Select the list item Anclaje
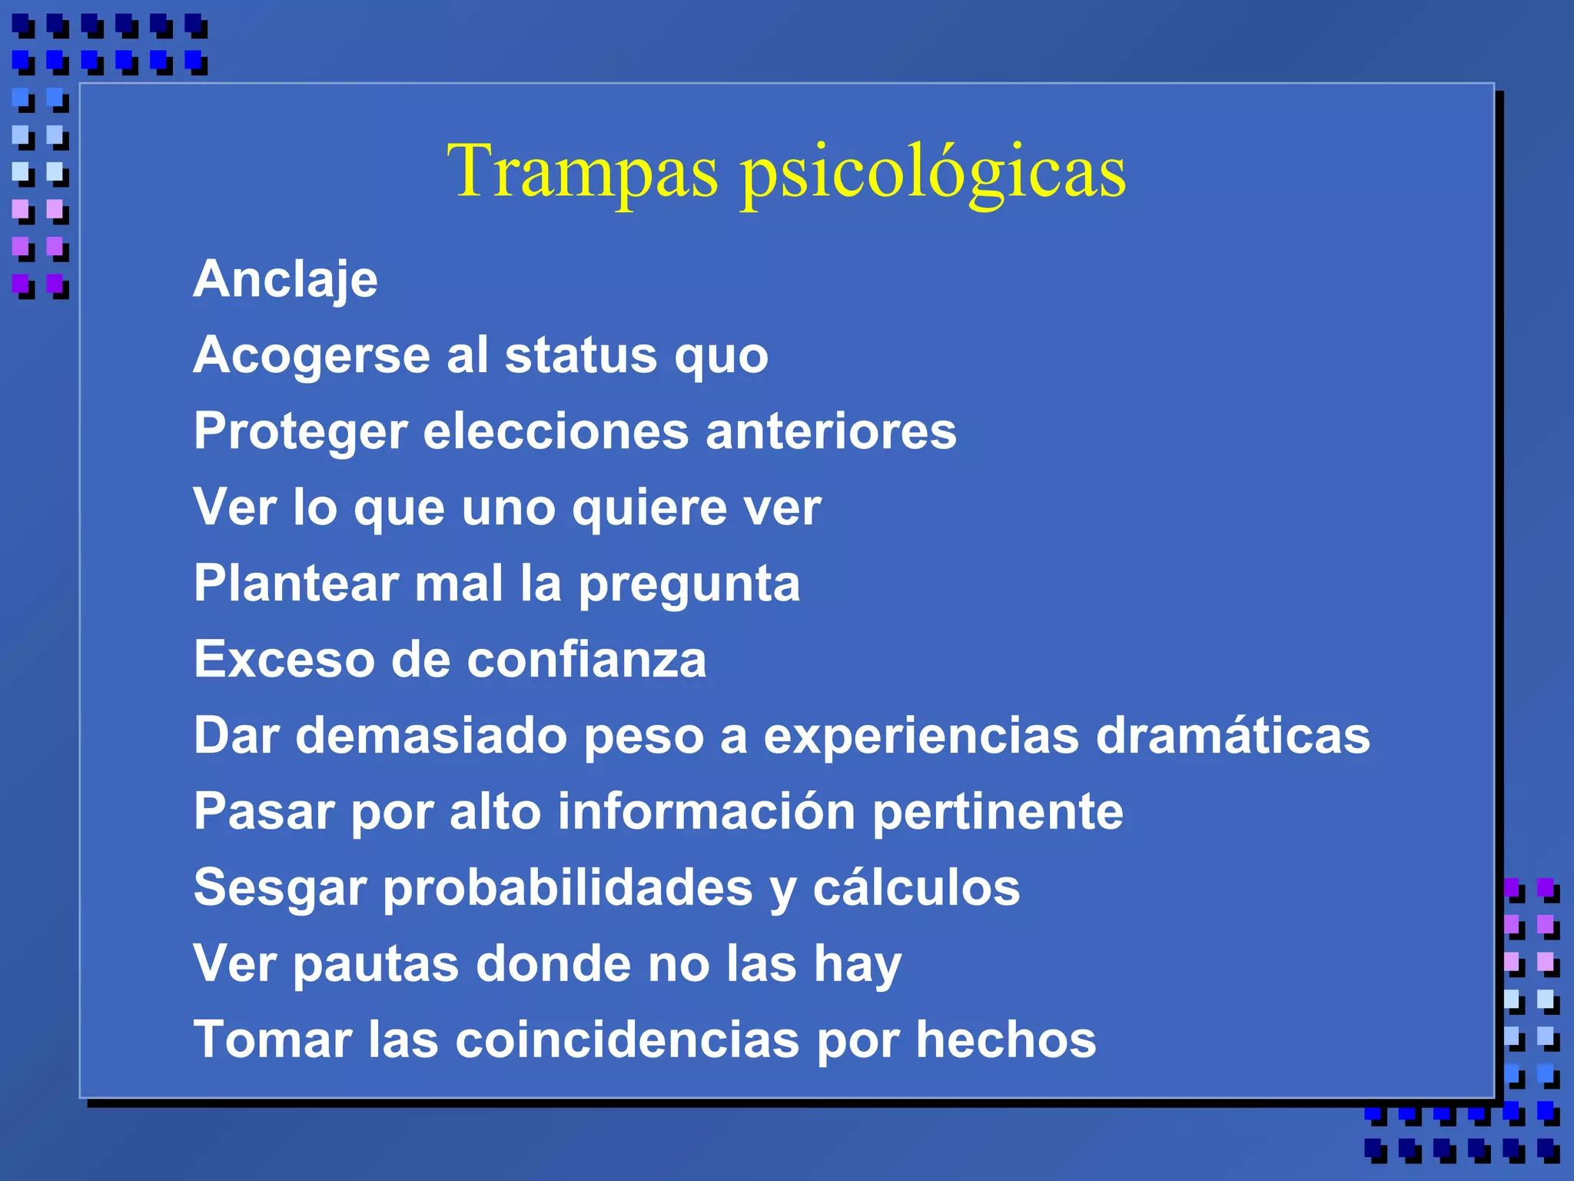click(x=285, y=280)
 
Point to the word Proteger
click(x=300, y=432)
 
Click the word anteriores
click(x=831, y=431)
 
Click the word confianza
click(x=586, y=660)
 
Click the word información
click(x=706, y=811)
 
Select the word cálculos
click(x=916, y=887)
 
